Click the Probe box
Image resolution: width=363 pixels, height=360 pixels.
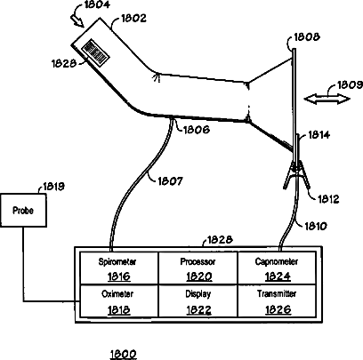23,211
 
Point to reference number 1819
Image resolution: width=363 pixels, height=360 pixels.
54,187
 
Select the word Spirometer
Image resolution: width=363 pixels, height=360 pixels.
117,261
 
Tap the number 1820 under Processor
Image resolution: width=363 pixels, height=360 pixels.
199,276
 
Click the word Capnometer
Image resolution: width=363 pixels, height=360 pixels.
277,261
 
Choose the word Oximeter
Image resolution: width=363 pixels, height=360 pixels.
117,294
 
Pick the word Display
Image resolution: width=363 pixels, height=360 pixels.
198,294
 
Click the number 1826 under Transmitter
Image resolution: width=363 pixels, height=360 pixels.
278,310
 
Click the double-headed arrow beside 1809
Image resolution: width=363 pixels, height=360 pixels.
327,99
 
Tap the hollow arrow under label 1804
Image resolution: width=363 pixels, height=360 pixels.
77,20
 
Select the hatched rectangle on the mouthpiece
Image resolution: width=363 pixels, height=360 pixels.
95,52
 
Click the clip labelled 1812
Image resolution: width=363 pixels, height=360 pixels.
296,175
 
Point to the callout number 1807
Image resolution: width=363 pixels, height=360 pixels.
170,180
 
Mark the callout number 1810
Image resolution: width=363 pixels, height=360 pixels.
316,227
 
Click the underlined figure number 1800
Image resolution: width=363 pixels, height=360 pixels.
123,354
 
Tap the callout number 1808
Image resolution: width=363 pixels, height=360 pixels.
307,37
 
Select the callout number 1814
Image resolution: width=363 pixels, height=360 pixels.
319,135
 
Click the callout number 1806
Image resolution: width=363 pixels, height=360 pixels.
197,130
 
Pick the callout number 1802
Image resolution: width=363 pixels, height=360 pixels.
133,19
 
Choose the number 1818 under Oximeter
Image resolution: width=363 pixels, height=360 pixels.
118,310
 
